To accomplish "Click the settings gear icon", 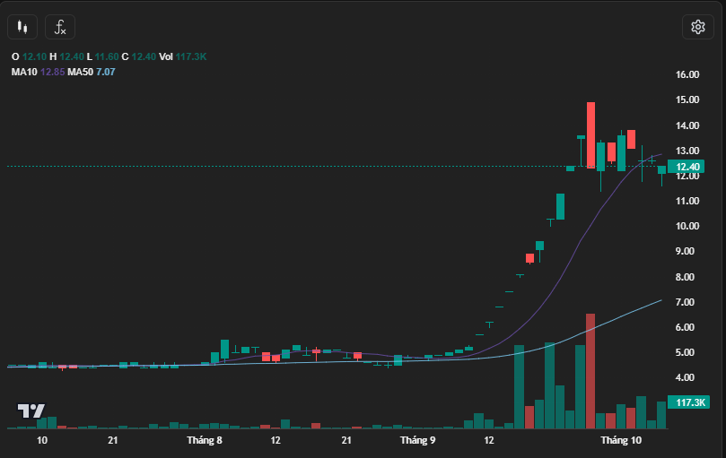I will tap(697, 27).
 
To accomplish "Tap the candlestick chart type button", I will tap(23, 27).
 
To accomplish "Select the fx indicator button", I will tap(60, 27).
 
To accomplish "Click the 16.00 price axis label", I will tap(687, 75).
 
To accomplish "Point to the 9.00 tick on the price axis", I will tap(687, 252).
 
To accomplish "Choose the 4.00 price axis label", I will tap(687, 377).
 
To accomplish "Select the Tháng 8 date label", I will tap(205, 440).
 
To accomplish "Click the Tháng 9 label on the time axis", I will tap(417, 440).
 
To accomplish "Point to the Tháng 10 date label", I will tap(621, 440).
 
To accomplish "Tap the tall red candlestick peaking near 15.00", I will tap(590, 134).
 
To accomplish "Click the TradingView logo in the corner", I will tap(31, 411).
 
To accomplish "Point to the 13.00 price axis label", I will tap(687, 151).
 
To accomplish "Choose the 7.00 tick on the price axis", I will tap(687, 302).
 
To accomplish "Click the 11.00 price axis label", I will tap(687, 202).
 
